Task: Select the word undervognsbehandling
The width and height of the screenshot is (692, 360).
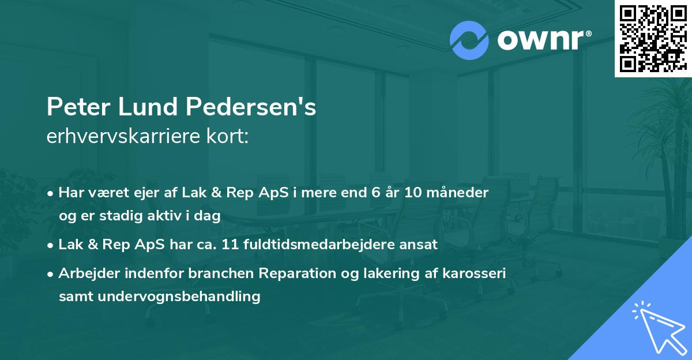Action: tap(180, 297)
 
